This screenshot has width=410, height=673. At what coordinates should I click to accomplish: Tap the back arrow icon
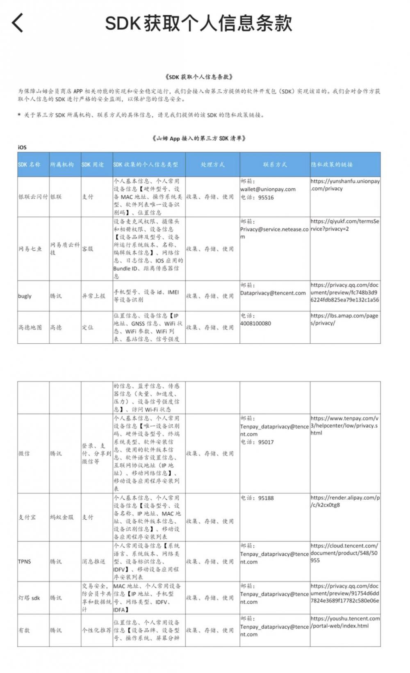point(18,23)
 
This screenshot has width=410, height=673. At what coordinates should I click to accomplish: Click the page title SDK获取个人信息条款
point(198,23)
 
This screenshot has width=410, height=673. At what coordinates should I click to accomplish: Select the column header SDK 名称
point(30,164)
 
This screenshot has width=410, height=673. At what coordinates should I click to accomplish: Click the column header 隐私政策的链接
point(332,164)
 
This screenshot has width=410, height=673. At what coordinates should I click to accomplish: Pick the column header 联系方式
point(275,164)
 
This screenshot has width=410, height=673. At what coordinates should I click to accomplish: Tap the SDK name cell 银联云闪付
point(33,197)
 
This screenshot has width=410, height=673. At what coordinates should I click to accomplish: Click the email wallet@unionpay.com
point(268,189)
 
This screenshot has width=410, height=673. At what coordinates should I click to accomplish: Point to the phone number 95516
point(266,197)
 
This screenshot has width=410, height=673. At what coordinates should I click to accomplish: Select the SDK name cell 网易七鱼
point(30,249)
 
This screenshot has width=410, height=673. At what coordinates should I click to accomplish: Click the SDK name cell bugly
point(25,296)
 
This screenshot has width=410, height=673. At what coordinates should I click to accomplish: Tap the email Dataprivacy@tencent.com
point(273,293)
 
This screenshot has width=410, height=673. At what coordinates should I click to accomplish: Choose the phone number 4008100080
point(255,323)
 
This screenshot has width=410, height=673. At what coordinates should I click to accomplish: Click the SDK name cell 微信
point(24,454)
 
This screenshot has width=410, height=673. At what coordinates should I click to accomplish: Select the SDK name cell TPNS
point(25,561)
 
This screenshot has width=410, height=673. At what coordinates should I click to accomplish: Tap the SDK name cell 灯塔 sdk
point(29,598)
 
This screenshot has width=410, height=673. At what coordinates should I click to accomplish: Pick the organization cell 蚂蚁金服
point(62,517)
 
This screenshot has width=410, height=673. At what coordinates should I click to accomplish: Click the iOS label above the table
point(22,147)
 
